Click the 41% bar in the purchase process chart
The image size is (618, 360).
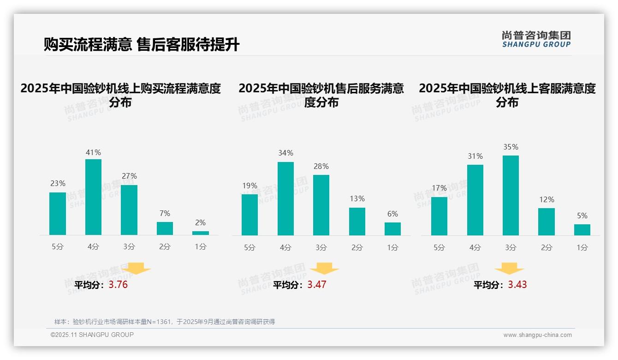[94, 197]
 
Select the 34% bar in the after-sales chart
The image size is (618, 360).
[285, 198]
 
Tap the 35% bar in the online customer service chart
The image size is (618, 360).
[511, 195]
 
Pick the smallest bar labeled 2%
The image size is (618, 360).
[201, 233]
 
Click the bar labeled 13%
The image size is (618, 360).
[357, 222]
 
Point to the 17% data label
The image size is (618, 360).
[439, 188]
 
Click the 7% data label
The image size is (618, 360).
[165, 213]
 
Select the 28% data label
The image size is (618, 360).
[321, 166]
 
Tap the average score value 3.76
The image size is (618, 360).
[118, 285]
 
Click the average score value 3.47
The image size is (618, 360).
[317, 285]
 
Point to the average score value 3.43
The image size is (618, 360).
[517, 285]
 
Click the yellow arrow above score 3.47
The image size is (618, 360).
[324, 268]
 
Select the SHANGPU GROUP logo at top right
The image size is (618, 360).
[536, 39]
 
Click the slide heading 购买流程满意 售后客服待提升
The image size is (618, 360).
[142, 45]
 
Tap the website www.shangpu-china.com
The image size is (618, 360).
[537, 335]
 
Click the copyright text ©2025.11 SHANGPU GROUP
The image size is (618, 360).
[92, 335]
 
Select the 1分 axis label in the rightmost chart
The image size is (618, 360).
[582, 248]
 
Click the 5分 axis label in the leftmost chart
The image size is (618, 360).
[58, 247]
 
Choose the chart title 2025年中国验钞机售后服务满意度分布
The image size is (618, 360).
[321, 95]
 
